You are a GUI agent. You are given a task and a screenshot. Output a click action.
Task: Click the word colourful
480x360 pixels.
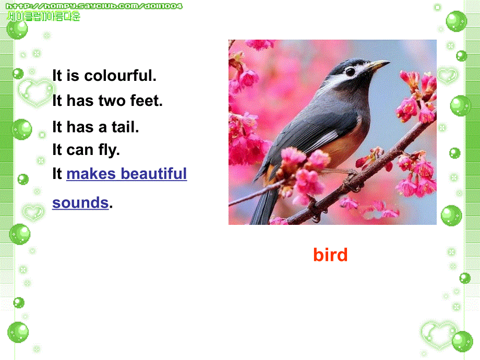click(x=120, y=76)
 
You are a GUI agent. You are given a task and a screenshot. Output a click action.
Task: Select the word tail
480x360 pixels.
click(x=125, y=126)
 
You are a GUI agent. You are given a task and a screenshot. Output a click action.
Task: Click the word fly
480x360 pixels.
click(x=109, y=150)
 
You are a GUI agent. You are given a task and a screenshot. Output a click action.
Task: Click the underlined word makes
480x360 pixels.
click(x=91, y=174)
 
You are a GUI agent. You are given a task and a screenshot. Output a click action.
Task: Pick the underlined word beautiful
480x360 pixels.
click(x=154, y=174)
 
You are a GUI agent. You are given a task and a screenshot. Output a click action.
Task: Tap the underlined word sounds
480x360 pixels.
click(x=80, y=202)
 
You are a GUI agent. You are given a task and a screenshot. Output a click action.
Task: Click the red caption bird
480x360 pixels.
click(x=330, y=255)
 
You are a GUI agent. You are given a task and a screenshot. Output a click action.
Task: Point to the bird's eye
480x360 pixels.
click(x=350, y=71)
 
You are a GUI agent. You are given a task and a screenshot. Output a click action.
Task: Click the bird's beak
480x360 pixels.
click(x=378, y=65)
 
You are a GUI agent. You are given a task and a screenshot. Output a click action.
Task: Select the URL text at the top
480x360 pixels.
click(x=94, y=6)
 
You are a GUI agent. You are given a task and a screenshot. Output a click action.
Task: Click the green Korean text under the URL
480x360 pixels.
click(x=43, y=16)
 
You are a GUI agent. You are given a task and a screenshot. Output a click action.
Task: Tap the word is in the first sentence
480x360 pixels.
click(x=73, y=76)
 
